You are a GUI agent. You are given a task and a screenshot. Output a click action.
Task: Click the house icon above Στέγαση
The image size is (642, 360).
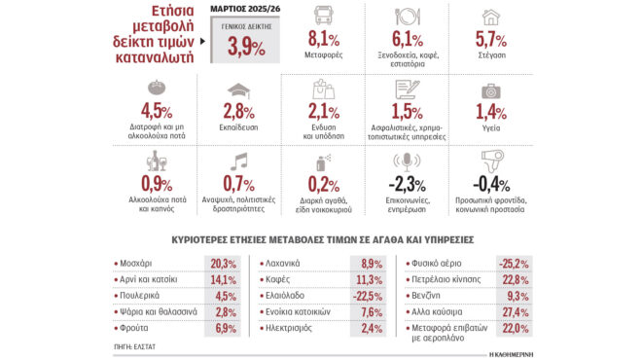coord(490,17)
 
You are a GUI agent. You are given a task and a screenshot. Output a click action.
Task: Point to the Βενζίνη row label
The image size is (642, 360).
coord(433,296)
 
